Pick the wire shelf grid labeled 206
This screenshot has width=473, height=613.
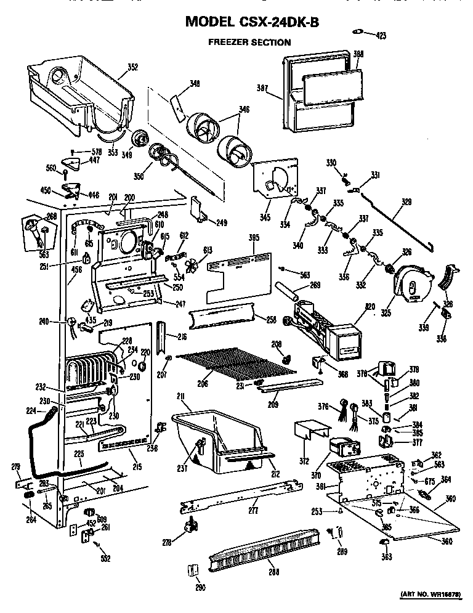(234, 367)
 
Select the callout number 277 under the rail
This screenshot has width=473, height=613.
(253, 511)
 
